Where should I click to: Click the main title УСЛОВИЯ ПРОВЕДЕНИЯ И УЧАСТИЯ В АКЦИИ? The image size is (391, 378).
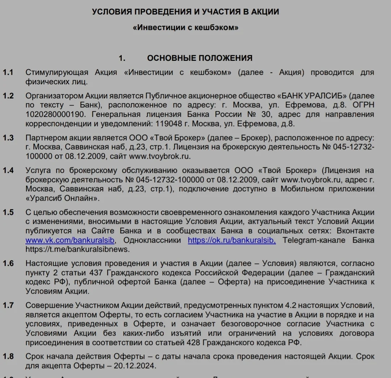point(185,12)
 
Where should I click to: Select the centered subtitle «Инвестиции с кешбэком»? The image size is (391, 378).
point(185,27)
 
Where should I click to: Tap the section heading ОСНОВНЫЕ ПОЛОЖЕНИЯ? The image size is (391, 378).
point(199,58)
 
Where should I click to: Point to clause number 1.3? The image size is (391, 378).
point(8,138)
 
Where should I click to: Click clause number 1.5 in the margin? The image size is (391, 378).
point(8,212)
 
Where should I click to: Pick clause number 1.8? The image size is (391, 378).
point(8,356)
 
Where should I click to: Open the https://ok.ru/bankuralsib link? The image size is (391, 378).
point(232,240)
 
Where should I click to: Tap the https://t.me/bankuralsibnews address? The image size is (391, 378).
point(77,249)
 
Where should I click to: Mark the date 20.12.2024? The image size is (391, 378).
point(136,366)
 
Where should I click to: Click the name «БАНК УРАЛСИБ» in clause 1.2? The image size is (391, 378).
point(313,96)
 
